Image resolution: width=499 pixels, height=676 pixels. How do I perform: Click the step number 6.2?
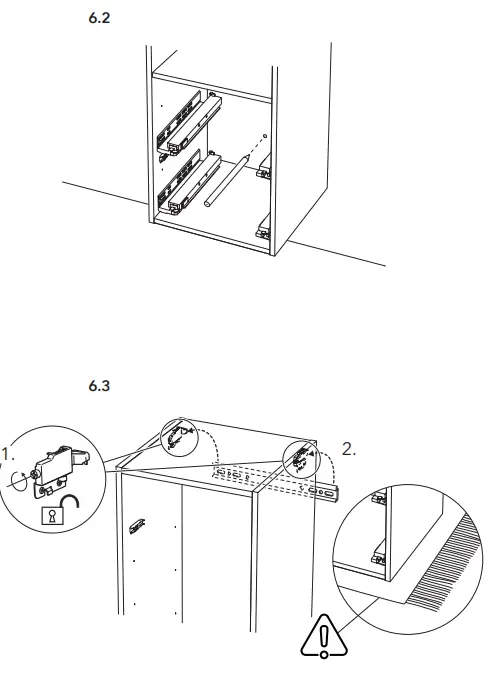(99, 20)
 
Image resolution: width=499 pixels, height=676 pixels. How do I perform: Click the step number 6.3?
(99, 387)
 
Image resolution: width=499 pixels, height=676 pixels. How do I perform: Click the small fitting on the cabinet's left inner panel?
(139, 524)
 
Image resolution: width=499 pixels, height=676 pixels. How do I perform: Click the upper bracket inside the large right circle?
(380, 499)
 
